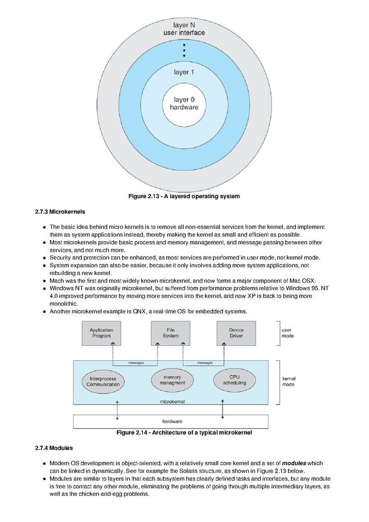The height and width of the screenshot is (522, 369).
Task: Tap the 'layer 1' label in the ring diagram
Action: pos(184,72)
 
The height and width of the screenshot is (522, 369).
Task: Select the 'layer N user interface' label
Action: pos(184,28)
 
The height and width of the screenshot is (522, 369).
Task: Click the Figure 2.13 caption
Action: pos(184,196)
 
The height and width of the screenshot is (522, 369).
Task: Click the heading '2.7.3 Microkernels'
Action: pos(60,212)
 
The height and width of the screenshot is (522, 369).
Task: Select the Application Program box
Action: pos(102,333)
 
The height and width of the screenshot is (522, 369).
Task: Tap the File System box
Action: pos(171,333)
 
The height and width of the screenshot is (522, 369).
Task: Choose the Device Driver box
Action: pos(237,333)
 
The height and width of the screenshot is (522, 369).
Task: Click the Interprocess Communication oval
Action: pos(103,381)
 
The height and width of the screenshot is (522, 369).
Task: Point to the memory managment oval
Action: pos(173,380)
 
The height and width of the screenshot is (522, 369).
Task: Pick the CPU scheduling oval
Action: pos(235,380)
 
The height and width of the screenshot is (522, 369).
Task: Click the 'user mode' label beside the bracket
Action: pos(288,333)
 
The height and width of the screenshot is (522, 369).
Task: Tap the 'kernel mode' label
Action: pos(289,381)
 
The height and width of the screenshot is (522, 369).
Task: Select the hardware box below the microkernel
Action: pos(171,421)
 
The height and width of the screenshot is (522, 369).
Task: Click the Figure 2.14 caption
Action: pos(184,432)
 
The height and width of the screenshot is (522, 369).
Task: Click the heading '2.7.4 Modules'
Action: pos(54,448)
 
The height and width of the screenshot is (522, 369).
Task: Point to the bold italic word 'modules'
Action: pos(294,463)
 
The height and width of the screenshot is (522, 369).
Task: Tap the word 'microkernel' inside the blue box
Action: pos(173,402)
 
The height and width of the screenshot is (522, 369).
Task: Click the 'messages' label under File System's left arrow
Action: pos(136,363)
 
